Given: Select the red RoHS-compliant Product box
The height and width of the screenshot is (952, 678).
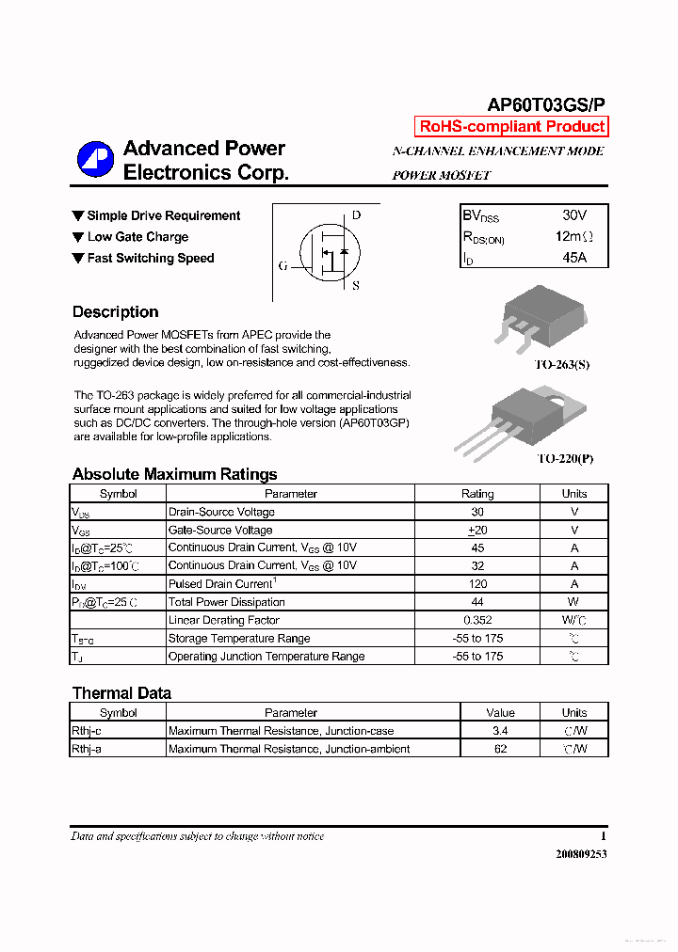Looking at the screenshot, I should click(511, 127).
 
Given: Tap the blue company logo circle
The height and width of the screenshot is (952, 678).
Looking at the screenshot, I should click(95, 160).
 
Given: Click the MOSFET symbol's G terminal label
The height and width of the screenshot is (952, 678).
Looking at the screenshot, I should click(282, 266).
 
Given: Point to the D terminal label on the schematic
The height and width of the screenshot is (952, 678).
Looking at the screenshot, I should click(356, 214).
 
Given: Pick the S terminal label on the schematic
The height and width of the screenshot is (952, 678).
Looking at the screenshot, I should click(356, 286).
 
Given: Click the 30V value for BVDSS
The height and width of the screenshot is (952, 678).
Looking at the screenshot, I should click(573, 215).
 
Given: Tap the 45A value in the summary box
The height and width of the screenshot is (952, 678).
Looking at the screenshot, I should click(573, 257).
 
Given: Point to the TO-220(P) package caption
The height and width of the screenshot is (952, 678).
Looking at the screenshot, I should click(565, 459).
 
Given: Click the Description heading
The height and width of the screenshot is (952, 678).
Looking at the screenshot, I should click(115, 312).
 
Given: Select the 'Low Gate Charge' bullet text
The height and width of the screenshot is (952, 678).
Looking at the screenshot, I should click(137, 237).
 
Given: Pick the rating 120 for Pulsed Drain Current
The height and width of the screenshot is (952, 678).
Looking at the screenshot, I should click(477, 584).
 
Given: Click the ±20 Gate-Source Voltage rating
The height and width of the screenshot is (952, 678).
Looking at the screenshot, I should click(477, 531).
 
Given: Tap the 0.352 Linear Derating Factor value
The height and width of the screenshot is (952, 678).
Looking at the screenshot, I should click(477, 620).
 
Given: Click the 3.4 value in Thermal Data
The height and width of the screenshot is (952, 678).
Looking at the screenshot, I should click(500, 731).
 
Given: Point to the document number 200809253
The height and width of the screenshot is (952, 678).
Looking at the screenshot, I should click(574, 854).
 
